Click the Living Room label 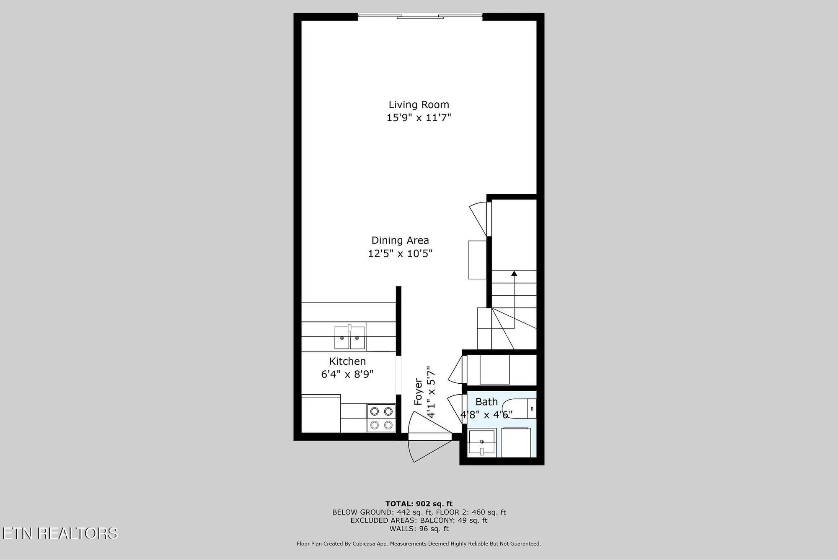tap(419, 105)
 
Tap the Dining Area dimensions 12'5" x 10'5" tap(400, 254)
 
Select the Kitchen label tap(347, 361)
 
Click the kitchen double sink tap(349, 337)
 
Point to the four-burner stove tap(381, 418)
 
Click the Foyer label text tap(418, 392)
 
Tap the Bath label tap(486, 402)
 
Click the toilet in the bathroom tap(520, 408)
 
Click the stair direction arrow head tap(514, 274)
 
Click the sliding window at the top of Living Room tap(420, 17)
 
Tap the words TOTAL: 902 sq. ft tap(419, 504)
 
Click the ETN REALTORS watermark tap(59, 533)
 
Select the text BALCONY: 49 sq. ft tap(454, 520)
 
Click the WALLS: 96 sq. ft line tap(419, 529)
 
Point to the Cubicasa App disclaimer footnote tap(419, 543)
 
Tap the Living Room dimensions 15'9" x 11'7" tap(419, 117)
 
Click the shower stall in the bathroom tap(516, 442)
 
